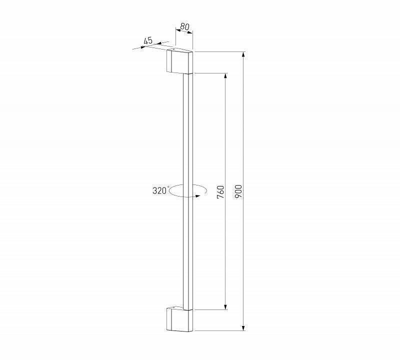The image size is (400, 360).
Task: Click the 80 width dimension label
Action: [x=184, y=27]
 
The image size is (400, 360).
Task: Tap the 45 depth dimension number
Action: [x=148, y=40]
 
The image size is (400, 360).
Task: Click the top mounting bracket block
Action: [x=179, y=62]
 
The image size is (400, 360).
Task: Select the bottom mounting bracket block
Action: [x=178, y=319]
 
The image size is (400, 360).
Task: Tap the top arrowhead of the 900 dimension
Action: [x=243, y=54]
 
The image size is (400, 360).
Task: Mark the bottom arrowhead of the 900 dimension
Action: [x=243, y=327]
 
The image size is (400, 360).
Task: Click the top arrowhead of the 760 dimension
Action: [x=226, y=76]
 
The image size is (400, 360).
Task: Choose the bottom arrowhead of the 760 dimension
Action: [x=226, y=306]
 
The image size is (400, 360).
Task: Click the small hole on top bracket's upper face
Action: [x=173, y=51]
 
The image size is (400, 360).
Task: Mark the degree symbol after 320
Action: [x=169, y=187]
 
